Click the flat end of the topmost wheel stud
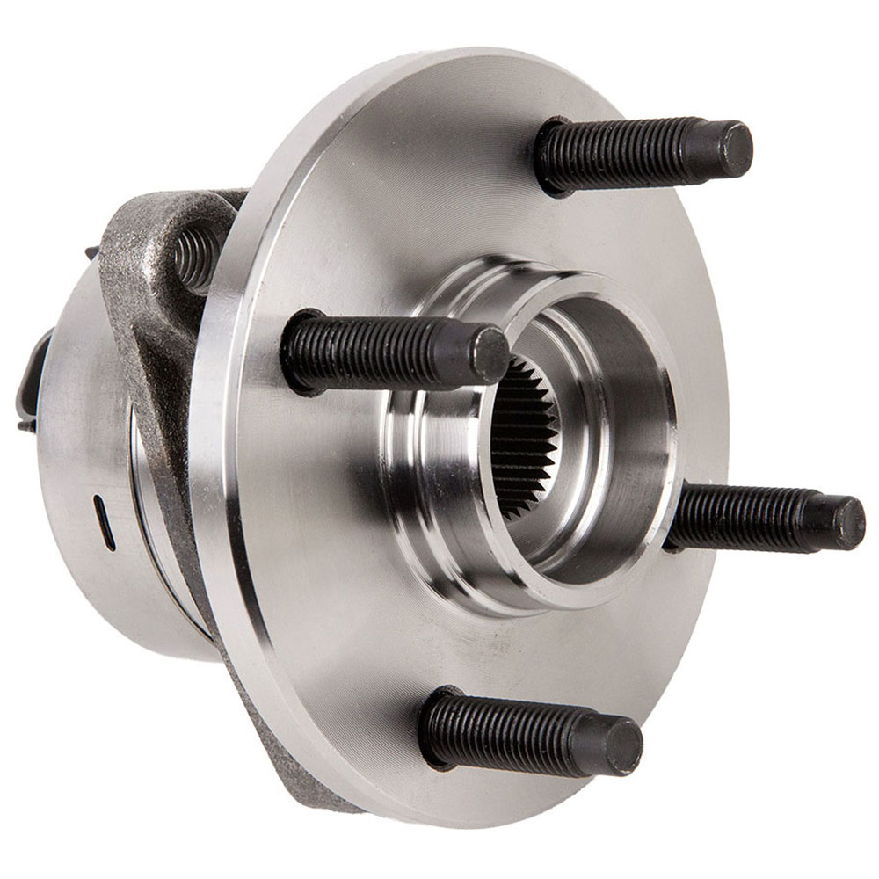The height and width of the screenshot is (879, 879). click(730, 149)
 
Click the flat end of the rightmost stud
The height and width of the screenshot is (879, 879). click(845, 522)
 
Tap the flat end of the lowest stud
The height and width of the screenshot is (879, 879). click(621, 747)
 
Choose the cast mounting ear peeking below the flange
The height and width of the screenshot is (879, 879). click(281, 756)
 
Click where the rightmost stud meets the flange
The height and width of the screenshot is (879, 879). click(677, 519)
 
